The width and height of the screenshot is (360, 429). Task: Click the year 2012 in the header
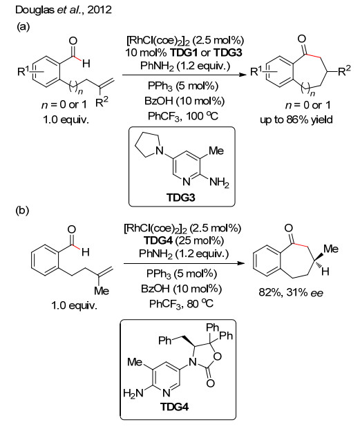[x=100, y=10]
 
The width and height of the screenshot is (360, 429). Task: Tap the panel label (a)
[x=23, y=26]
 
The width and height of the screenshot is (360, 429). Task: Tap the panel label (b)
[x=23, y=210]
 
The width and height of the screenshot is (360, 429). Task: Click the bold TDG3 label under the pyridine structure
[x=181, y=197]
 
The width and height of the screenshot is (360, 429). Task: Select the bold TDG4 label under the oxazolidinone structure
[x=175, y=407]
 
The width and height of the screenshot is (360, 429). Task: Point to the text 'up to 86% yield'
[x=296, y=120]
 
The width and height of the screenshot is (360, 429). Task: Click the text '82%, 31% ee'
[x=291, y=292]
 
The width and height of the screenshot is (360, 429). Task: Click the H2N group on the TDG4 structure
[x=133, y=393]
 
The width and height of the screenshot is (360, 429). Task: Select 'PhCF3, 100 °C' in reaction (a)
[x=183, y=116]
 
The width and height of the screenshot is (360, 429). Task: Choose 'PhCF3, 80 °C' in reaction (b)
[x=181, y=304]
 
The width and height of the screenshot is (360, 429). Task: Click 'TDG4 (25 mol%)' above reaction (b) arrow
[x=184, y=240]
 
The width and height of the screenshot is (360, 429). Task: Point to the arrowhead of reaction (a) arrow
[x=243, y=75]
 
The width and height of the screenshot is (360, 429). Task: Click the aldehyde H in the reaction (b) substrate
[x=86, y=252]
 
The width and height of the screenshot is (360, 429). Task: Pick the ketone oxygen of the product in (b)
[x=289, y=228]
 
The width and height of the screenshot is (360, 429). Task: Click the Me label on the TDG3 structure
[x=216, y=151]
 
